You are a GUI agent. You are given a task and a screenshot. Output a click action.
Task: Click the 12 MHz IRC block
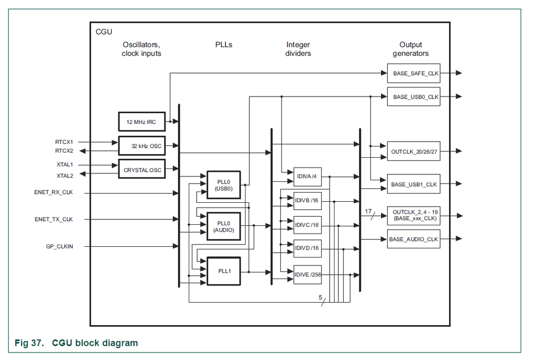[x=142, y=122]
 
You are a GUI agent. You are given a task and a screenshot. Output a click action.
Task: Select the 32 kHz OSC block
[x=142, y=146]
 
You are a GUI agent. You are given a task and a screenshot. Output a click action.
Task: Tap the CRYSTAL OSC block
[x=142, y=170]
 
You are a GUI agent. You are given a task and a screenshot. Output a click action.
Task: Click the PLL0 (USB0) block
[x=224, y=185]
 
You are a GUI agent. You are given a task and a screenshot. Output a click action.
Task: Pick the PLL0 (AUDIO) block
[x=224, y=226]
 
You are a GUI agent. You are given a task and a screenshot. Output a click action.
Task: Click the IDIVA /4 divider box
[x=307, y=176]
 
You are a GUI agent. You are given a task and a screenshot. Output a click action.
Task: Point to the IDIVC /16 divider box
[x=307, y=225]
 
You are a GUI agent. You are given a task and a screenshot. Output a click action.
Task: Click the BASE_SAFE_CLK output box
[x=413, y=73]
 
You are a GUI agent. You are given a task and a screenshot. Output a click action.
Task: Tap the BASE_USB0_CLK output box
[x=413, y=97]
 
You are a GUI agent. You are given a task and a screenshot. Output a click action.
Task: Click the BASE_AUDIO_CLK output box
[x=413, y=239]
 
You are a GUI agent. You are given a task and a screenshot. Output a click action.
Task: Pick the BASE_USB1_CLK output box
[x=413, y=185]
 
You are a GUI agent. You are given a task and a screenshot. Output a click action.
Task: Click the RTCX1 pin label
[x=64, y=142]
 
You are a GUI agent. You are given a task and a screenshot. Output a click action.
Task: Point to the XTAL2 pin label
[x=64, y=175]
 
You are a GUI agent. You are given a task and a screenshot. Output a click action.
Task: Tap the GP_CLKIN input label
[x=60, y=246]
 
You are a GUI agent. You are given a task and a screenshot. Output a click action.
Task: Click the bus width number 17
[x=368, y=211]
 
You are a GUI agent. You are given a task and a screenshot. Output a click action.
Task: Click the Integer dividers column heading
[x=299, y=49]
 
